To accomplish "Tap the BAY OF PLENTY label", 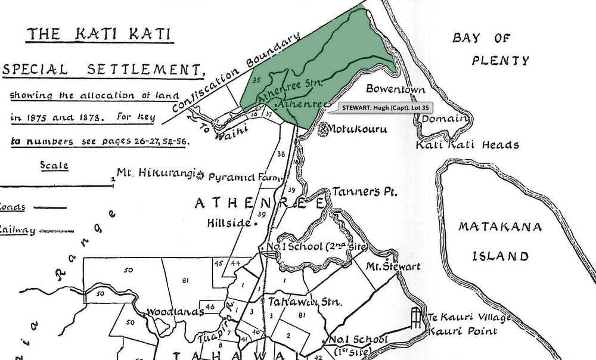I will click(490, 49).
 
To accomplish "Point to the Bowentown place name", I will click(396, 90).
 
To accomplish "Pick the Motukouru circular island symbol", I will click(326, 129).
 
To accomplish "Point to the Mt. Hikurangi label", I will click(156, 173).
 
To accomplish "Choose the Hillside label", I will click(228, 224).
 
